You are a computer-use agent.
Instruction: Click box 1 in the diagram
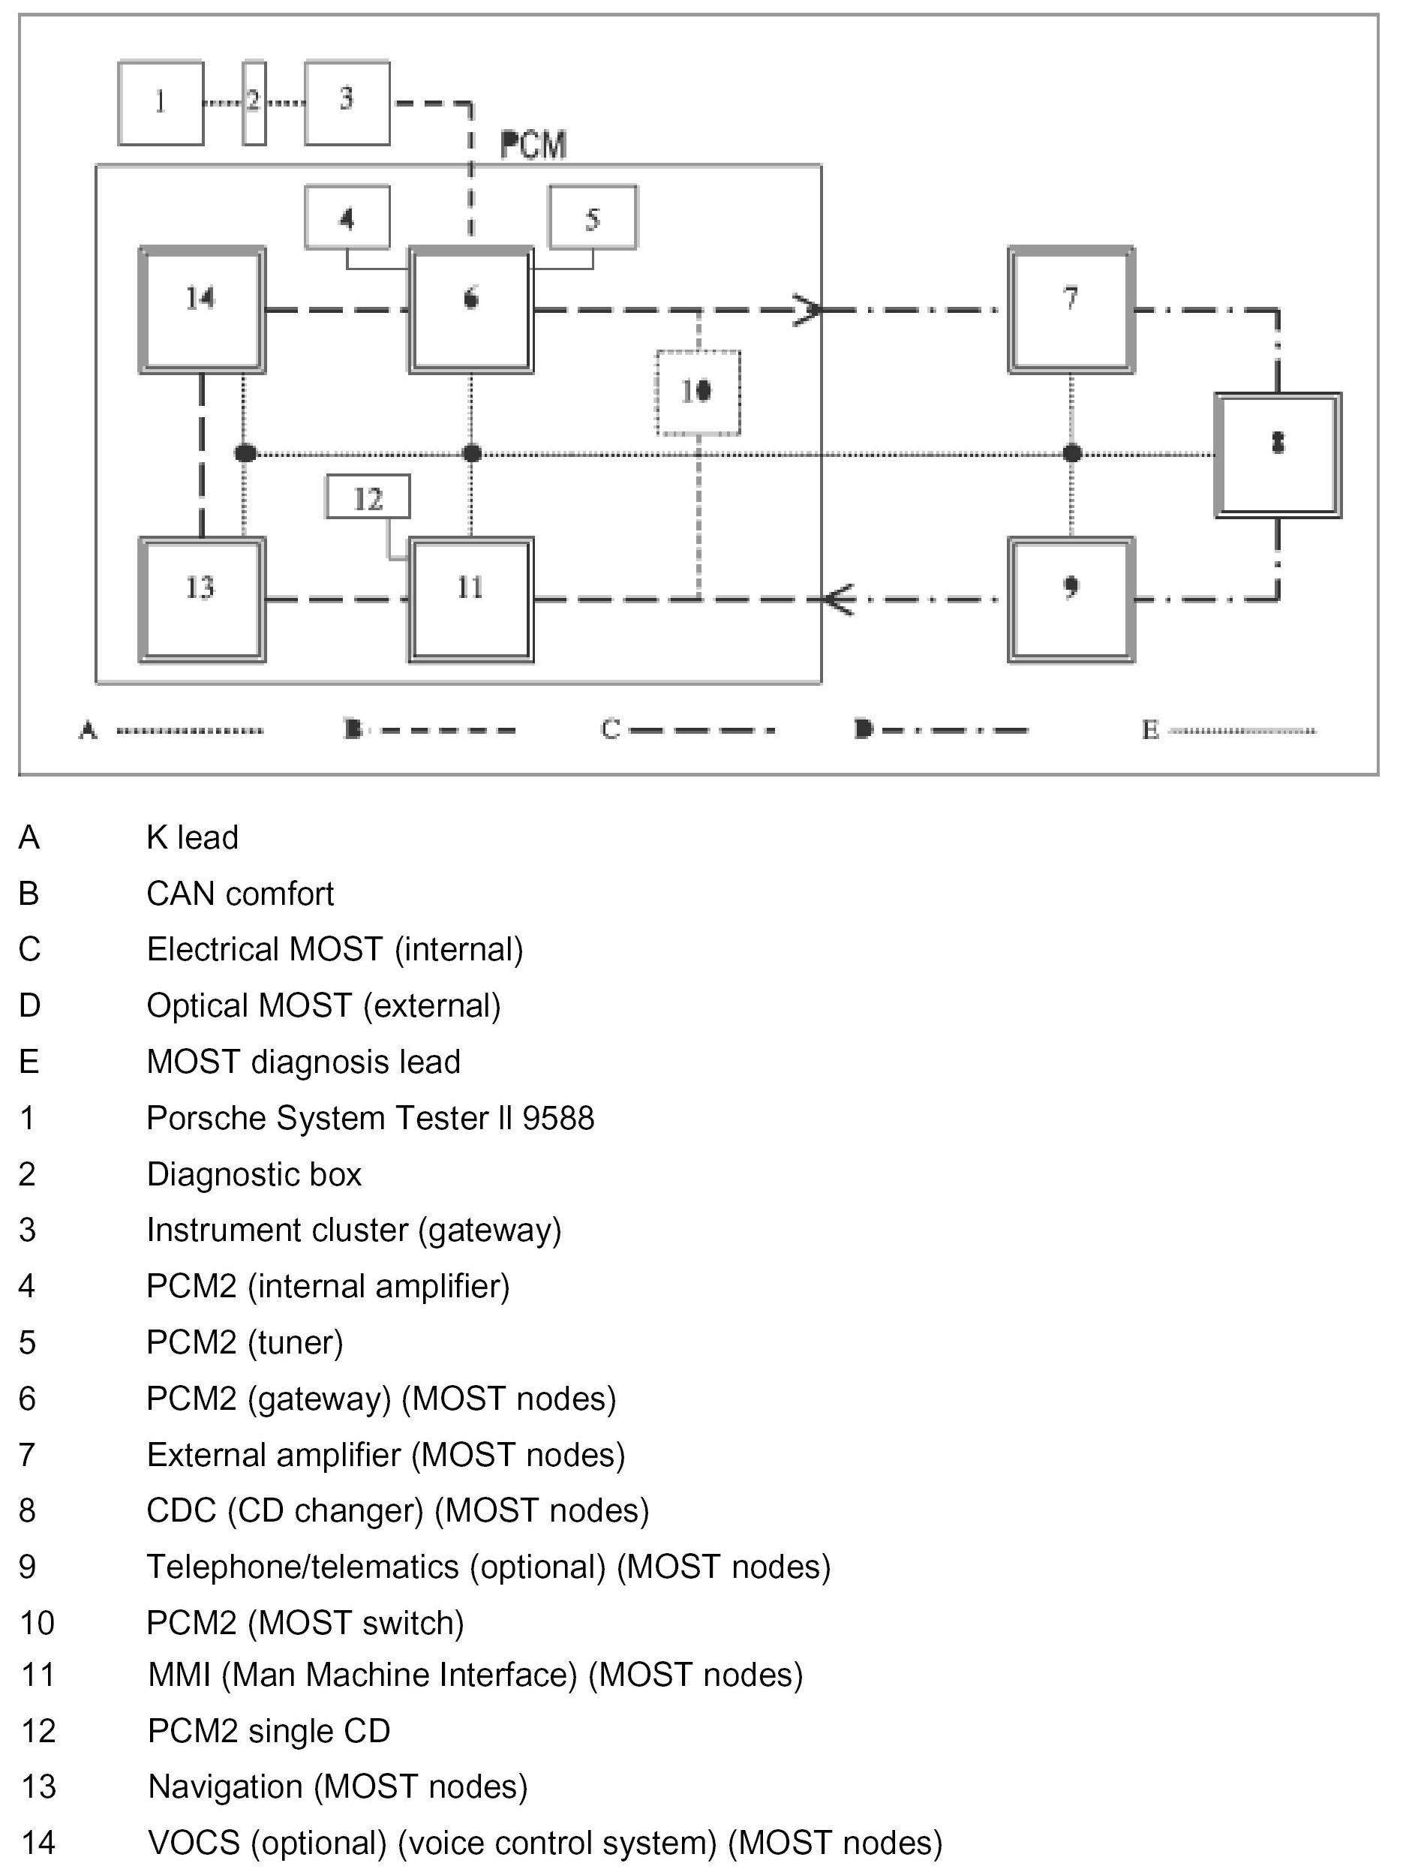click(x=161, y=102)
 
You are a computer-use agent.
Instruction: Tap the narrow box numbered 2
click(x=254, y=102)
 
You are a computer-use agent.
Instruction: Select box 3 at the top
click(x=347, y=102)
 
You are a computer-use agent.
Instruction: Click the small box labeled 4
click(x=347, y=218)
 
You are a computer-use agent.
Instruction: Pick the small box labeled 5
click(x=593, y=218)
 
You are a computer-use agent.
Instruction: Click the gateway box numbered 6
click(x=471, y=310)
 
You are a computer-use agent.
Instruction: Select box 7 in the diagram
click(x=1071, y=310)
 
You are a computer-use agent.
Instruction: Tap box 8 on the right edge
click(x=1278, y=455)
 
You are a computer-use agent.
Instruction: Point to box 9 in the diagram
click(x=1071, y=599)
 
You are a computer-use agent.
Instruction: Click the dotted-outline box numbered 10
click(x=698, y=392)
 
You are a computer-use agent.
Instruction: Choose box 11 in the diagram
click(x=471, y=599)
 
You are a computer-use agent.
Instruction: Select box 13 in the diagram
click(x=201, y=599)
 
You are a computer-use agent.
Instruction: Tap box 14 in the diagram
click(x=201, y=310)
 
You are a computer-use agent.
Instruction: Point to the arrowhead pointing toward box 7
click(x=808, y=311)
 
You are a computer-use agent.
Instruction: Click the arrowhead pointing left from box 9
click(x=838, y=600)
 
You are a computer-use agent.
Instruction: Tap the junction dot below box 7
click(x=1072, y=454)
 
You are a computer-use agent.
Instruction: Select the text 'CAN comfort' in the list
click(x=239, y=894)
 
